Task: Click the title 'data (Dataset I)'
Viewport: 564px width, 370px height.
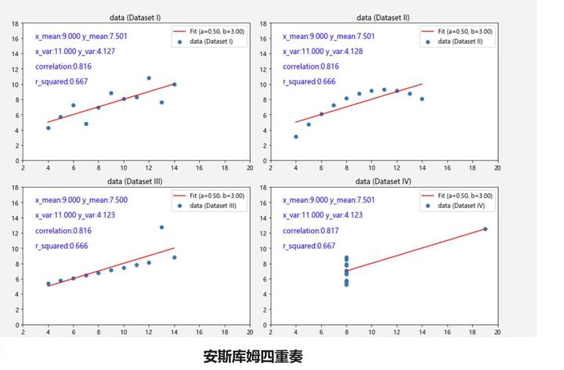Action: (x=137, y=16)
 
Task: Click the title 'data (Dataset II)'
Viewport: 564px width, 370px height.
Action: (x=384, y=16)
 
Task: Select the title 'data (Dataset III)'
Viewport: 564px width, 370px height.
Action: (x=137, y=181)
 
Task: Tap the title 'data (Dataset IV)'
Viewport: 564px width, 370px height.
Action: (x=384, y=181)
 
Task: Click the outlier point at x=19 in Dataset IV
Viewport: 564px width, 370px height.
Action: (x=485, y=229)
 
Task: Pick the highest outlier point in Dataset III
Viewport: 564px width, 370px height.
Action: (x=161, y=228)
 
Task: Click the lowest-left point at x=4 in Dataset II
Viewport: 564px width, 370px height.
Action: (x=296, y=136)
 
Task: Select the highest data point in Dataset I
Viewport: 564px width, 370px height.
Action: (x=149, y=78)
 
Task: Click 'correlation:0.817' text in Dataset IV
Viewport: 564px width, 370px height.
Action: (x=310, y=231)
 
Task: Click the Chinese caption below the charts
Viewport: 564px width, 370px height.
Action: (x=252, y=357)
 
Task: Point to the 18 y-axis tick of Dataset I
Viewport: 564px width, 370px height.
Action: (x=15, y=24)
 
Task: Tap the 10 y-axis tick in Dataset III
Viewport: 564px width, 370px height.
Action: (x=15, y=249)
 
